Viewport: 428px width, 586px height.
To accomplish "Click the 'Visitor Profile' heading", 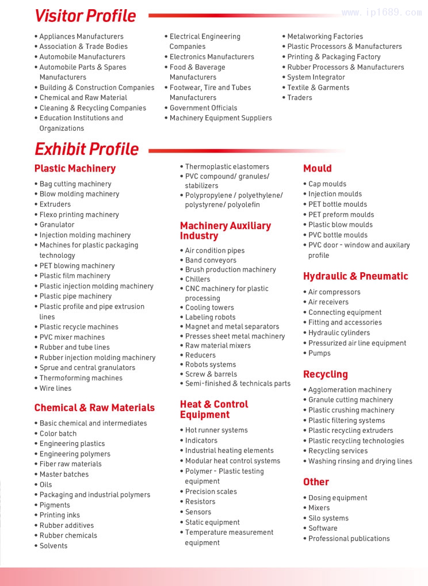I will click(x=85, y=16).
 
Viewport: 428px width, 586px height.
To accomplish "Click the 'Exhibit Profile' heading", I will click(x=86, y=149).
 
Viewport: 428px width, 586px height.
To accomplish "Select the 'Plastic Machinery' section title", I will click(x=75, y=169).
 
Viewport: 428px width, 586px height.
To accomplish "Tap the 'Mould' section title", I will click(x=318, y=169).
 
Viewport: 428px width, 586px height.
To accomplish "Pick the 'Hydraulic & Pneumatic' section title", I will click(x=356, y=276).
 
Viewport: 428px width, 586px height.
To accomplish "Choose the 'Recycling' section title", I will click(x=326, y=374).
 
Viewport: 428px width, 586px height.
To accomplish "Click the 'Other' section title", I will click(x=316, y=482).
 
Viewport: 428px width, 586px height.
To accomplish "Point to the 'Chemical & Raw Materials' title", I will click(x=94, y=408).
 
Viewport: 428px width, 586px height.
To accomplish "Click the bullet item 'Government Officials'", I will click(x=203, y=108).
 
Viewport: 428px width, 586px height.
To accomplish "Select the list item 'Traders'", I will click(x=300, y=98).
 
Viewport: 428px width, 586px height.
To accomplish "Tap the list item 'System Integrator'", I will click(x=316, y=77).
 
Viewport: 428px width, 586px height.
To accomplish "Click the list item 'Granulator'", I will click(x=57, y=224).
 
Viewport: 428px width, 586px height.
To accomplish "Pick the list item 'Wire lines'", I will click(x=55, y=389).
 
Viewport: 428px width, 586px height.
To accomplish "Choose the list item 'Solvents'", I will click(x=54, y=546).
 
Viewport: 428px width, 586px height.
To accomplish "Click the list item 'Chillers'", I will click(x=197, y=279).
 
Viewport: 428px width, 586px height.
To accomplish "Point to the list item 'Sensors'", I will click(x=198, y=512).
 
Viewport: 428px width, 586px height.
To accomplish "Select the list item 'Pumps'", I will click(x=319, y=353).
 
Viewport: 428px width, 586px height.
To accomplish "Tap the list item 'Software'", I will click(x=323, y=528).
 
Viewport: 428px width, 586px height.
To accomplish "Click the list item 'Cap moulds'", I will click(x=327, y=184).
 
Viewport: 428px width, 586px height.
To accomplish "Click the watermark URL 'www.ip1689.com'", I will click(x=381, y=13).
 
